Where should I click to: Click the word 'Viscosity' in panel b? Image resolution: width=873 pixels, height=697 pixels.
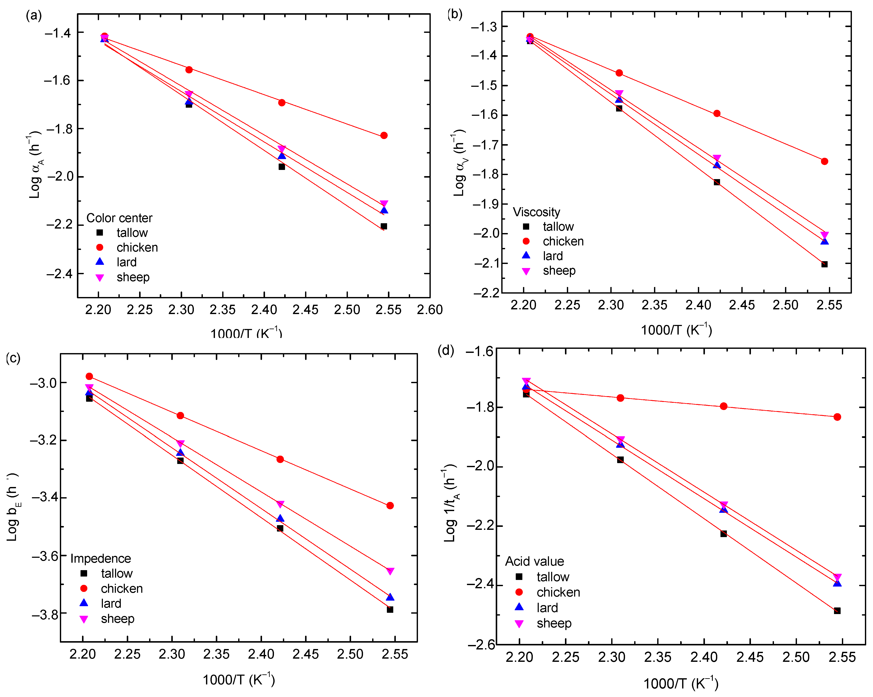[x=536, y=212]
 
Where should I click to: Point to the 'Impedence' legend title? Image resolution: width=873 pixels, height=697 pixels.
[x=100, y=558]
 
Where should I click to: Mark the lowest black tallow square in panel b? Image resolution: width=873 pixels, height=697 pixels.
[x=824, y=264]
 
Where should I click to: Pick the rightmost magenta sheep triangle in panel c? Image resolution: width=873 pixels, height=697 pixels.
[x=390, y=571]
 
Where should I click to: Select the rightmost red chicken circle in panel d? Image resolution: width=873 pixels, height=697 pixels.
[x=837, y=417]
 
